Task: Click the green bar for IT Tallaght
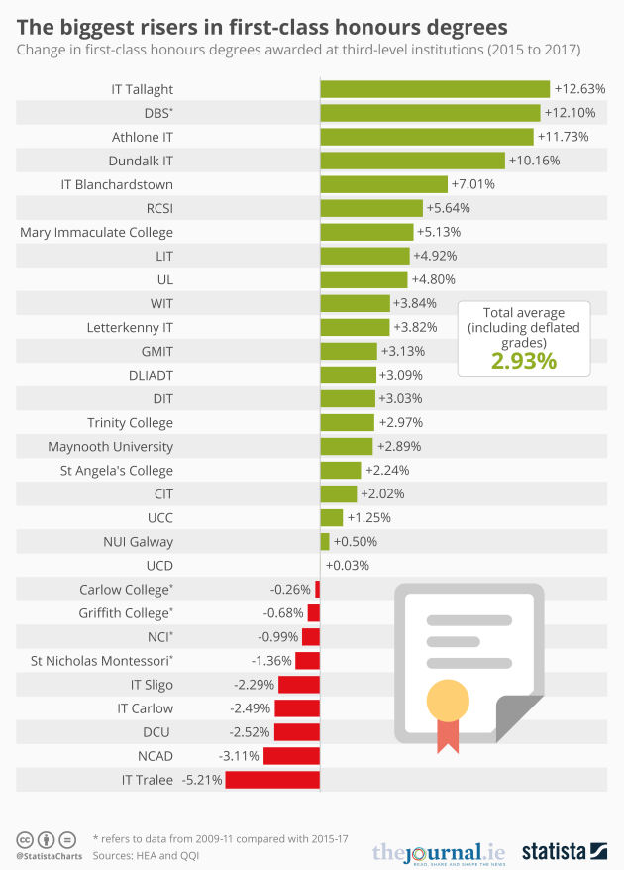tap(434, 89)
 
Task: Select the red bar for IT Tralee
tap(272, 780)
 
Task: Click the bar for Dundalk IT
tap(412, 161)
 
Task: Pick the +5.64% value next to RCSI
tap(448, 208)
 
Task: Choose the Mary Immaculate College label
tap(96, 232)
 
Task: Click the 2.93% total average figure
tap(524, 360)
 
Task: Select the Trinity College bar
tap(347, 423)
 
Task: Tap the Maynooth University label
tap(110, 447)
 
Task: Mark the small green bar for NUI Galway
tap(325, 542)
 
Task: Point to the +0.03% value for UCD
tap(347, 566)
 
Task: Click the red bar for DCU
tap(297, 732)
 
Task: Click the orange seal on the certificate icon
tap(448, 703)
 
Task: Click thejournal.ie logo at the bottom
tap(439, 851)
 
